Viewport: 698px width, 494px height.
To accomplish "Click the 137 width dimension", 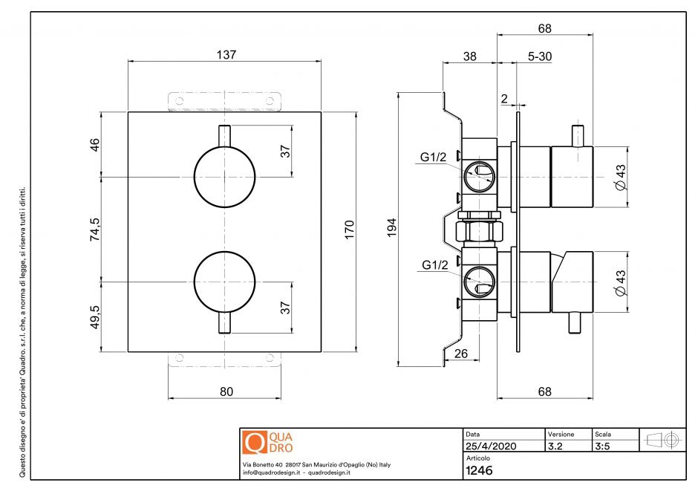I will (226, 54).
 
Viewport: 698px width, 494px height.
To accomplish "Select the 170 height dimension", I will (350, 230).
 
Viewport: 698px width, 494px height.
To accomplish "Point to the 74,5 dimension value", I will (94, 230).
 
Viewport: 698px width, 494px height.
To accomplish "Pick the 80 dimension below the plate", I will (226, 391).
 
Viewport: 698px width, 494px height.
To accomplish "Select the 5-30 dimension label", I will (539, 56).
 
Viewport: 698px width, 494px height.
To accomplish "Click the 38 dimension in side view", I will (469, 56).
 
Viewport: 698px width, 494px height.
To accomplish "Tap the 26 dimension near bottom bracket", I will (460, 354).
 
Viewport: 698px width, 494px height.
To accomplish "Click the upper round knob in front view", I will (224, 177).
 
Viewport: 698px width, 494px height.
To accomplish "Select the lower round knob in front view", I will (224, 282).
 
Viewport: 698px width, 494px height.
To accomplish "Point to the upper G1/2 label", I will (434, 157).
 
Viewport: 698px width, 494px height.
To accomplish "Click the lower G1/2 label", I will (434, 264).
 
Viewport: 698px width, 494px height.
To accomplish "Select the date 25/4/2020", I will (490, 446).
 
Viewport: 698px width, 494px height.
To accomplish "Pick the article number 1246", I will (479, 470).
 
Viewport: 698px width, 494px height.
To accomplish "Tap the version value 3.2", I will (556, 446).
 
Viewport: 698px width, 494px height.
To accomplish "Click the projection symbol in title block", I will (663, 440).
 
